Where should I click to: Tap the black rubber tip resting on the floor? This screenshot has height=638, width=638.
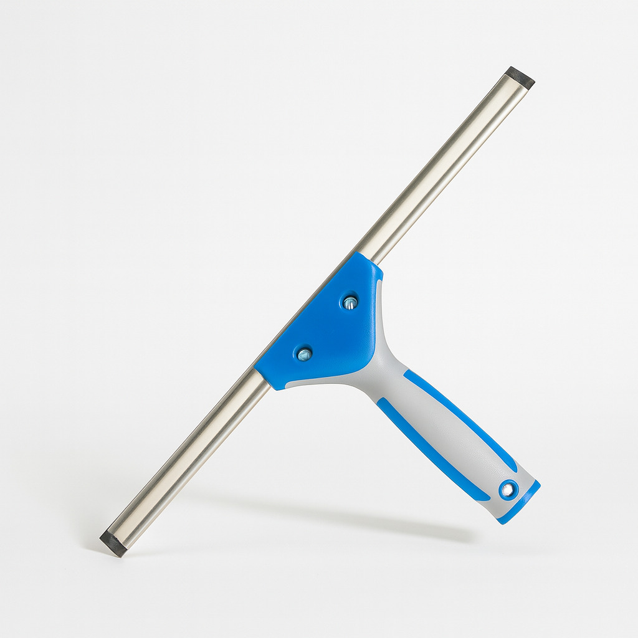tap(113, 542)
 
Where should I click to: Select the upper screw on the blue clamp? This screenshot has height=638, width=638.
tap(350, 303)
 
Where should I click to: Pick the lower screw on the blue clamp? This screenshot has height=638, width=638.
tap(304, 355)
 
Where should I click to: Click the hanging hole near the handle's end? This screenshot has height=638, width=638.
tap(508, 490)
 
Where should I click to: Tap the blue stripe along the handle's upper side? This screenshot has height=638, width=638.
tap(461, 417)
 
